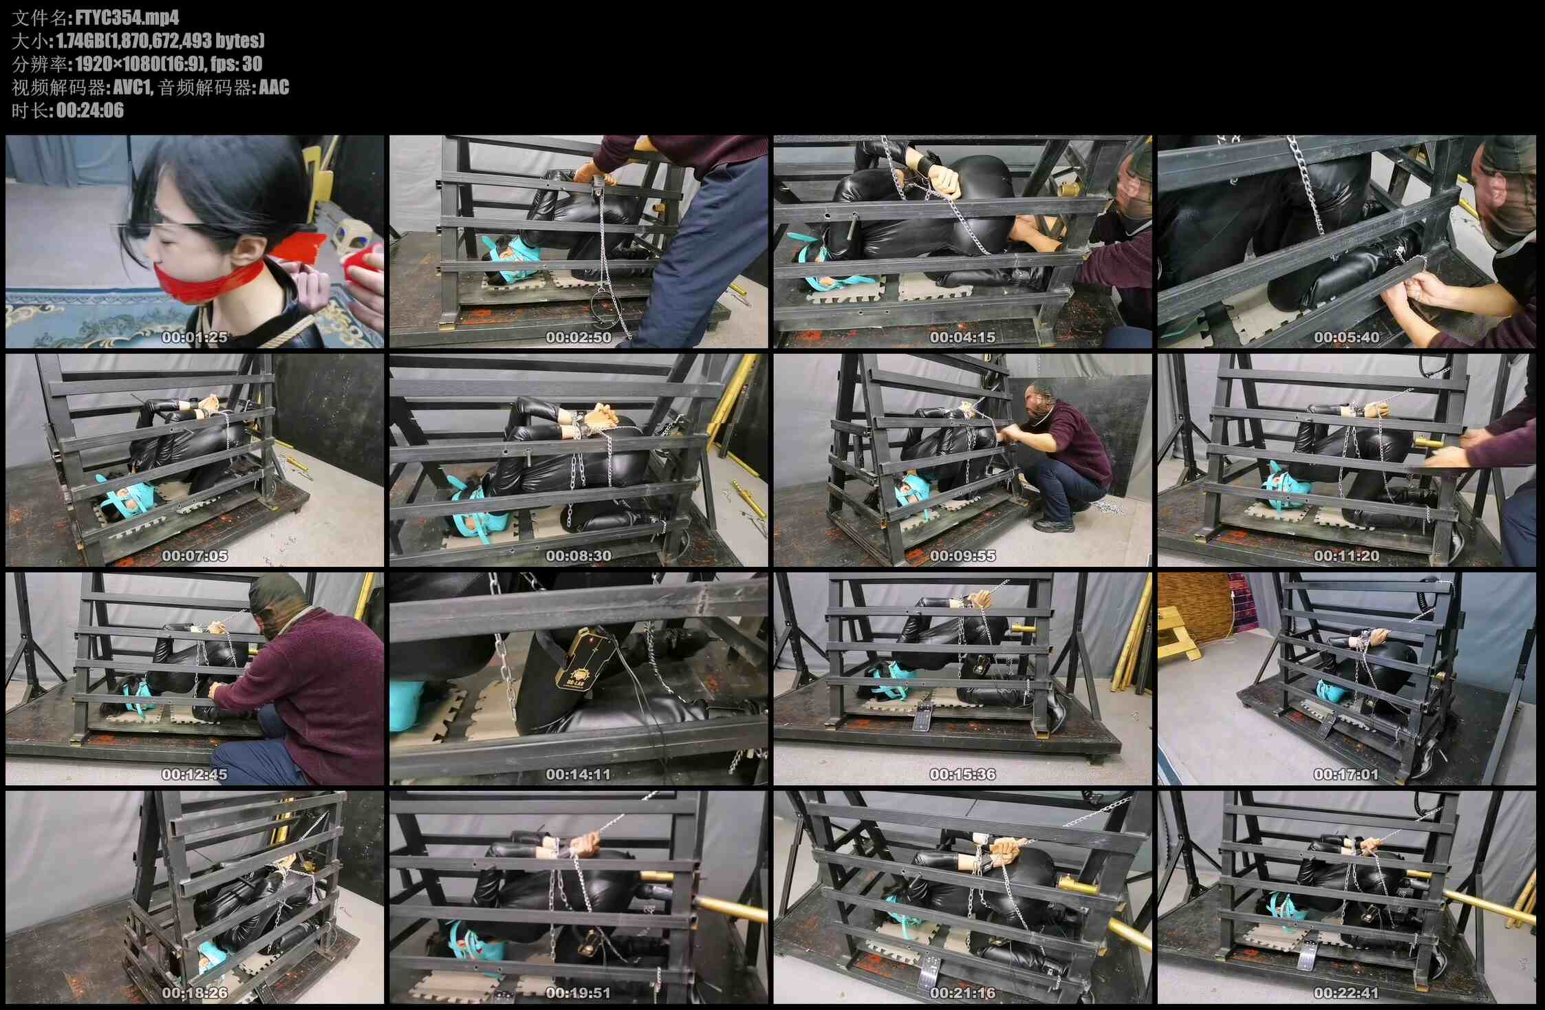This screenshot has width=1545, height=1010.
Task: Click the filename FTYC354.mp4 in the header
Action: click(x=127, y=17)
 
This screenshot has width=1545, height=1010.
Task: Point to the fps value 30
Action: click(x=252, y=64)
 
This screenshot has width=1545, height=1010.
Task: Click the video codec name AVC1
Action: click(x=132, y=87)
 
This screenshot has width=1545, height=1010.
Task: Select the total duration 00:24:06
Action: click(x=90, y=110)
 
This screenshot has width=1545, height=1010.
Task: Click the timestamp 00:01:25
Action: click(x=195, y=337)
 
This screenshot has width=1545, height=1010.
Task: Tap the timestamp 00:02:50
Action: click(x=579, y=337)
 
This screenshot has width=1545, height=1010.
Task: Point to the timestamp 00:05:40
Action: click(x=1346, y=337)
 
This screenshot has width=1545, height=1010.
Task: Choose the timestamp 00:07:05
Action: click(x=195, y=556)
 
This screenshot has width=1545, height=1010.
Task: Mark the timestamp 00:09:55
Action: click(x=962, y=556)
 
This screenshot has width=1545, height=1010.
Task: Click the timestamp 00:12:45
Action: click(x=195, y=775)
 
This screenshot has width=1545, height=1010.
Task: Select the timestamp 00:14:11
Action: click(x=579, y=775)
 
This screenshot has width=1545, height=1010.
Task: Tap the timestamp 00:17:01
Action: click(x=1346, y=775)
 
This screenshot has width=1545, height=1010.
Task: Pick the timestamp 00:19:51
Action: click(x=579, y=993)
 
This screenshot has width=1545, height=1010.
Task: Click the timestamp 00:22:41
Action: click(x=1346, y=993)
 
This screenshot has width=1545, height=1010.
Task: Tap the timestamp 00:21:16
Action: click(x=962, y=993)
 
